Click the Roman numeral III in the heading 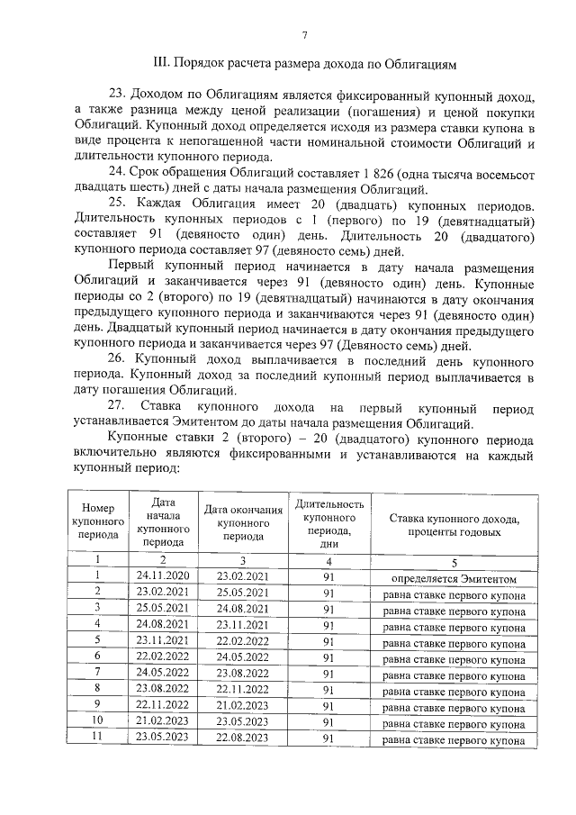click(x=164, y=65)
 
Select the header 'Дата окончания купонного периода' click(x=243, y=522)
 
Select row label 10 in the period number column click(x=96, y=722)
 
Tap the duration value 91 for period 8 click(x=328, y=691)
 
